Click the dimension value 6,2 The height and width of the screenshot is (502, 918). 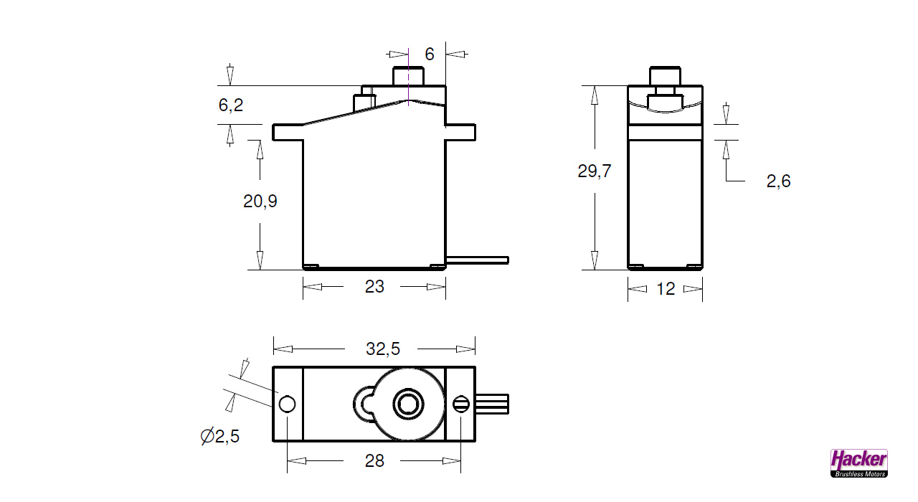[x=231, y=105]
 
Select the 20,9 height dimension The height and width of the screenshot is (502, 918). [x=260, y=202]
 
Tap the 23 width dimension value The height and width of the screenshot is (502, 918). [x=374, y=287]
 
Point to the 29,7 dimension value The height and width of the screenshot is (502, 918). [x=594, y=171]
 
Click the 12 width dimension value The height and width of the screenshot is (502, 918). [x=666, y=289]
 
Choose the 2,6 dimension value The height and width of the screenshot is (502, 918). [x=778, y=181]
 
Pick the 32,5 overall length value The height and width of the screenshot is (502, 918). [x=382, y=349]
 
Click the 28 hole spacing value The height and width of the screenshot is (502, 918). [x=374, y=460]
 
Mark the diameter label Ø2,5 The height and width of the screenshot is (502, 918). [x=219, y=436]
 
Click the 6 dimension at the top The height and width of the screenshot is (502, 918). [x=430, y=54]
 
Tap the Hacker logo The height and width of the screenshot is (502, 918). [x=858, y=463]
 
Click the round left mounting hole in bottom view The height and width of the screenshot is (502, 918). [x=287, y=404]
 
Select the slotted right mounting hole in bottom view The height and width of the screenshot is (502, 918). [x=460, y=404]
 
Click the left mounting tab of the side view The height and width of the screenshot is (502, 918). [x=288, y=132]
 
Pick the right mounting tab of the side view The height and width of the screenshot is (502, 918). [x=460, y=132]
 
